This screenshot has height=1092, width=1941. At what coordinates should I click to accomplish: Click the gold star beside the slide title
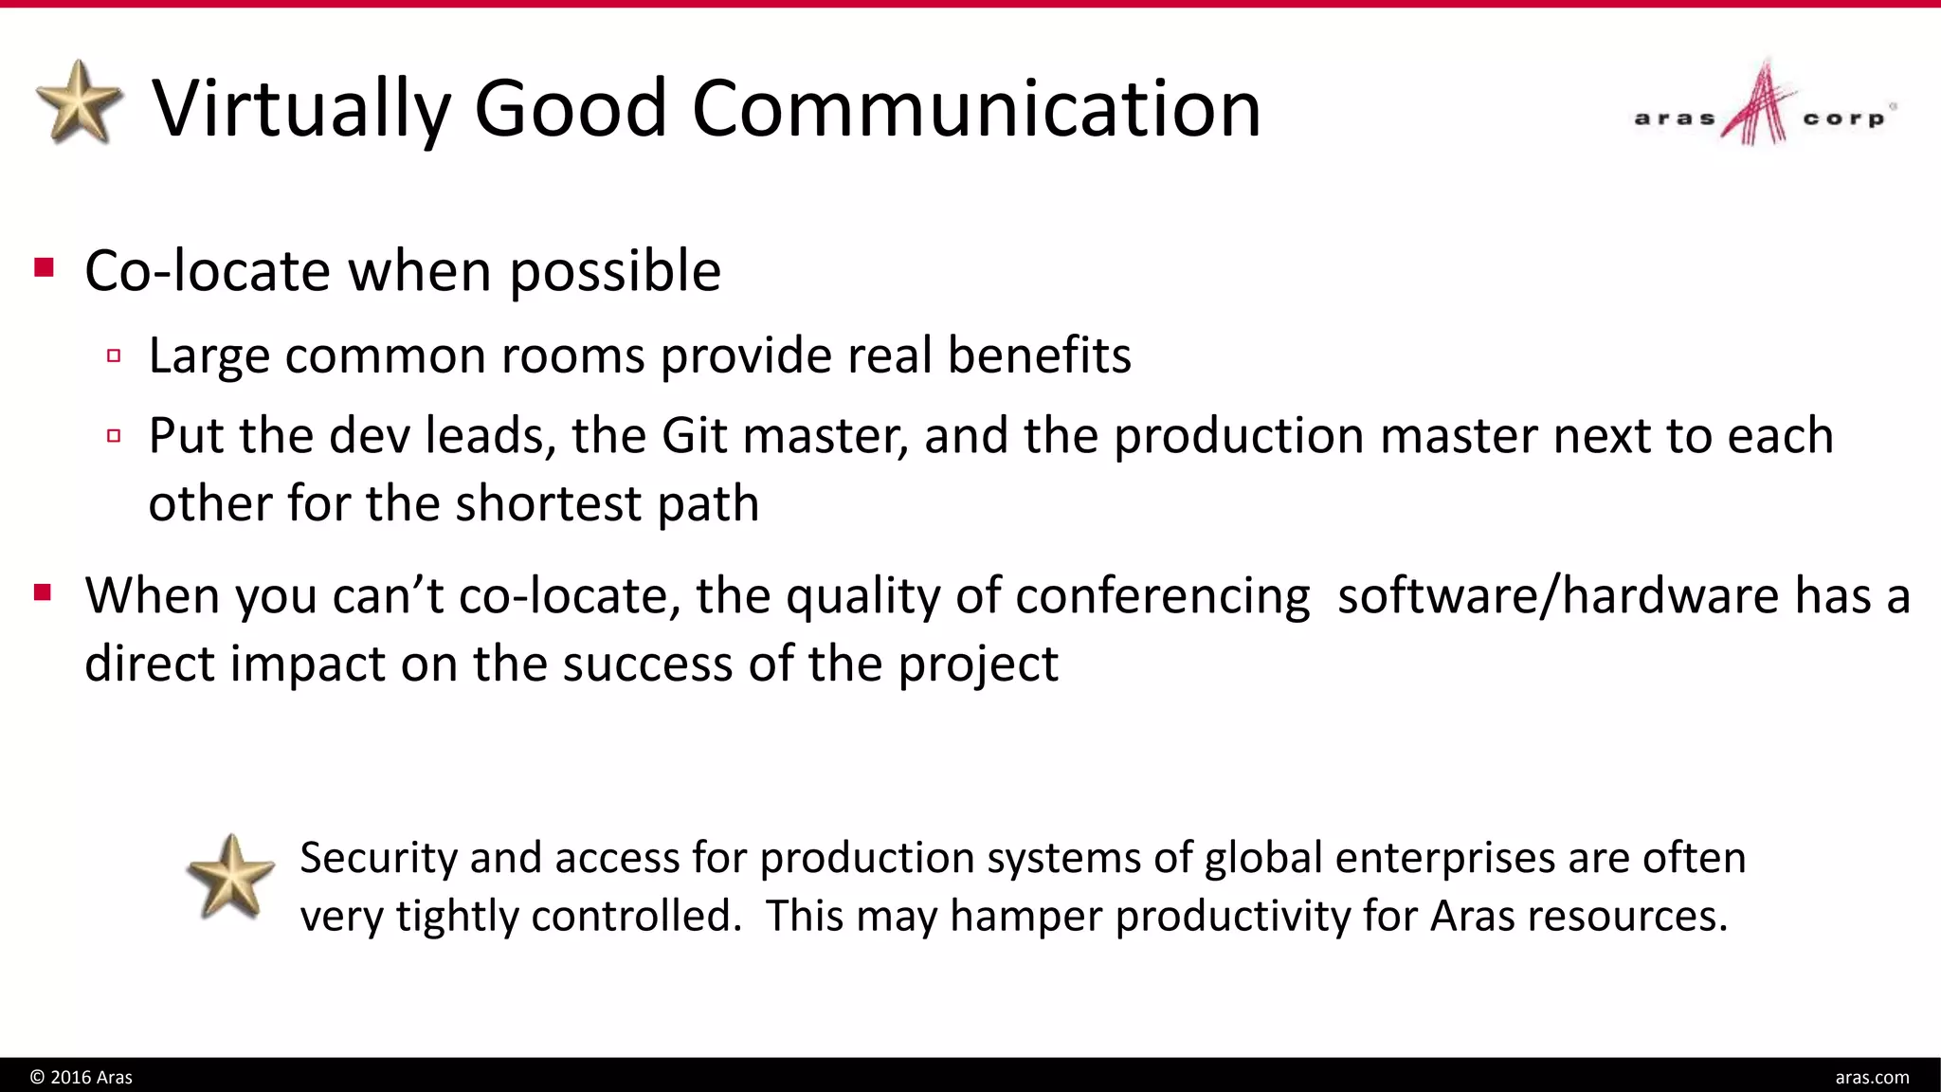point(80,102)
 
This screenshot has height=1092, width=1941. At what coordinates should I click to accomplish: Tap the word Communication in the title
point(976,108)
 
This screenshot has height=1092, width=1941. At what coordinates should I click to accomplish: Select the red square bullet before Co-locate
point(44,267)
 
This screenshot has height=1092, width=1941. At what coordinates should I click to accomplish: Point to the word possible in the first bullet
point(615,272)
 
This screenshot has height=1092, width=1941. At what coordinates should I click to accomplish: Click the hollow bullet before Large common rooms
point(114,356)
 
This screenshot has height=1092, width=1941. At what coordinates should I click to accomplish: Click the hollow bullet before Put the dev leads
point(114,436)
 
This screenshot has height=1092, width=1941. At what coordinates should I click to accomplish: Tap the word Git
point(695,436)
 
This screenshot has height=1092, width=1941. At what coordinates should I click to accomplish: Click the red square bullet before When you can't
point(43,593)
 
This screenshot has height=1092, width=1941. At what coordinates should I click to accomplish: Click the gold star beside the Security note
point(230,877)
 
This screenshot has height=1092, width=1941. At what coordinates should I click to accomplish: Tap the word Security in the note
point(379,858)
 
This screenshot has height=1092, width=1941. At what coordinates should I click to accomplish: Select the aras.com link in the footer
point(1872,1077)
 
